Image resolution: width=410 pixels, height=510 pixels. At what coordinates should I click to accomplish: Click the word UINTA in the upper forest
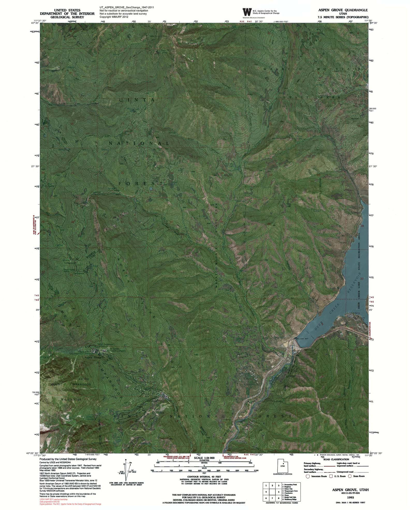[137, 100]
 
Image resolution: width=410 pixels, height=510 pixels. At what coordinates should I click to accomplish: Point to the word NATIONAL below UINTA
[139, 143]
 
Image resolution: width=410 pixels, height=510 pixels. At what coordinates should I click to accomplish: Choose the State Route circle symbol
[350, 476]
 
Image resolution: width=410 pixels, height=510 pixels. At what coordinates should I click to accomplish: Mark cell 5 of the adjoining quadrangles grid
[272, 492]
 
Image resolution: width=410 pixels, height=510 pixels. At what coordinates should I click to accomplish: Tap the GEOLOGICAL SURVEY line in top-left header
[67, 17]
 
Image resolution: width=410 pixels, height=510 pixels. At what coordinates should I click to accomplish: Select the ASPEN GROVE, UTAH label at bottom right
[351, 480]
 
